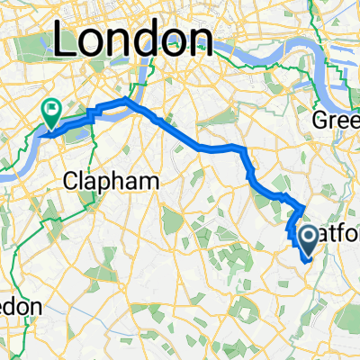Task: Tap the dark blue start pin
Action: coord(307,239)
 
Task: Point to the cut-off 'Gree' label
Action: coord(335,120)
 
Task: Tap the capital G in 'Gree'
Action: coord(320,120)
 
